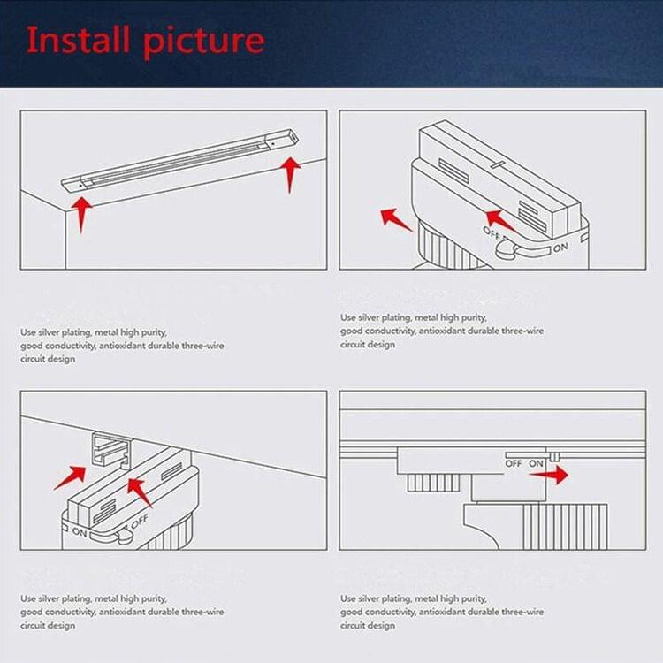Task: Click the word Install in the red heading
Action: tap(78, 39)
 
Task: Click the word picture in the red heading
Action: tap(204, 42)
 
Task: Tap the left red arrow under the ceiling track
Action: tap(81, 215)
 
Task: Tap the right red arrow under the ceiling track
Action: tap(290, 175)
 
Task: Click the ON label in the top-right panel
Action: tap(560, 248)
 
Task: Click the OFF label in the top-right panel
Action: tap(492, 232)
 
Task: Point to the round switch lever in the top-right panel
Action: tap(506, 249)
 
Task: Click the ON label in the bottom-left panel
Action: tap(80, 532)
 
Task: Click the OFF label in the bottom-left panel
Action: tap(139, 522)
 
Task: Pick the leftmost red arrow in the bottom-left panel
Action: tap(70, 477)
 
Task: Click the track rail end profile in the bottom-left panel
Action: tap(110, 449)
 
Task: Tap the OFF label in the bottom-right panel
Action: tap(514, 464)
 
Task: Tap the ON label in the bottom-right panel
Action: tap(537, 464)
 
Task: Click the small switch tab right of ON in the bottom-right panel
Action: tap(555, 457)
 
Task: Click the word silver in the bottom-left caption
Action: tap(49, 598)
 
